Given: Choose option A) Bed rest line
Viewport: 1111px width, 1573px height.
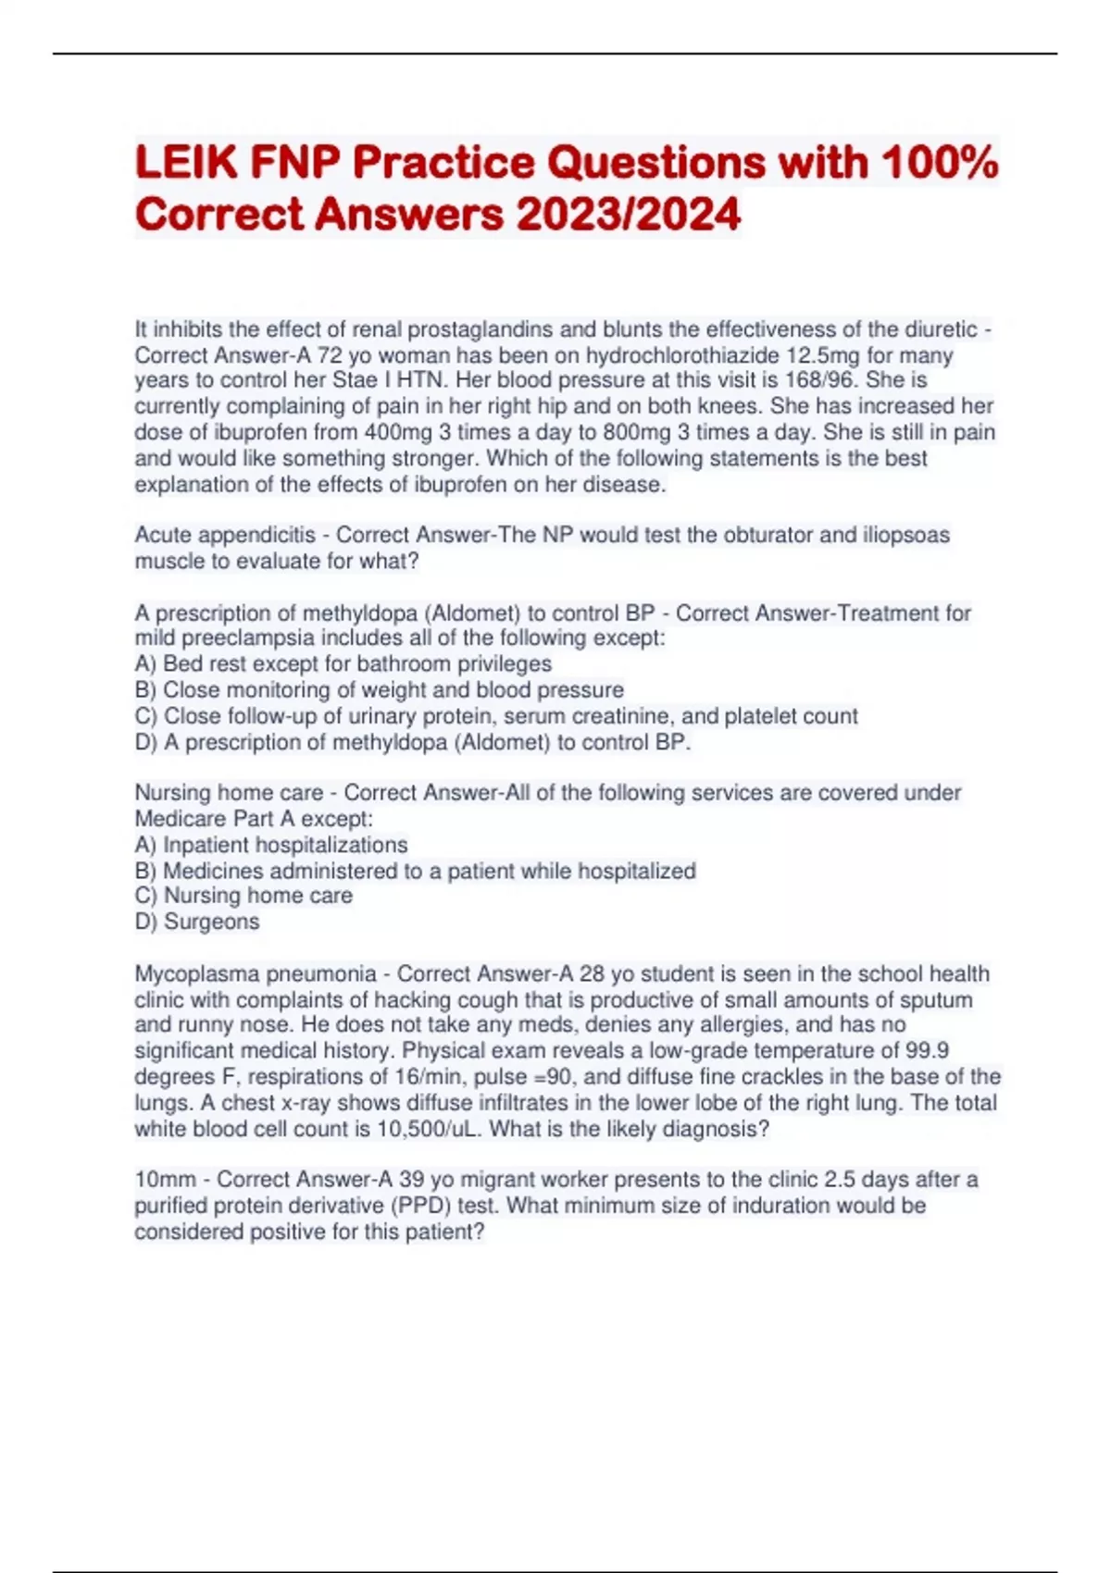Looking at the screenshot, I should (343, 663).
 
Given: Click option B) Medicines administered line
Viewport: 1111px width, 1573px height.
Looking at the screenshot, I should (415, 871).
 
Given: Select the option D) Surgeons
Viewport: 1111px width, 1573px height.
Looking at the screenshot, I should (197, 922).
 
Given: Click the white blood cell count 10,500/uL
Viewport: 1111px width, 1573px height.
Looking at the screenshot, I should (430, 1129).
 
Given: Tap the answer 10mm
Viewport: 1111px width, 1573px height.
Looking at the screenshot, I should (165, 1180).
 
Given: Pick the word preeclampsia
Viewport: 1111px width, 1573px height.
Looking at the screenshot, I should (245, 638).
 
